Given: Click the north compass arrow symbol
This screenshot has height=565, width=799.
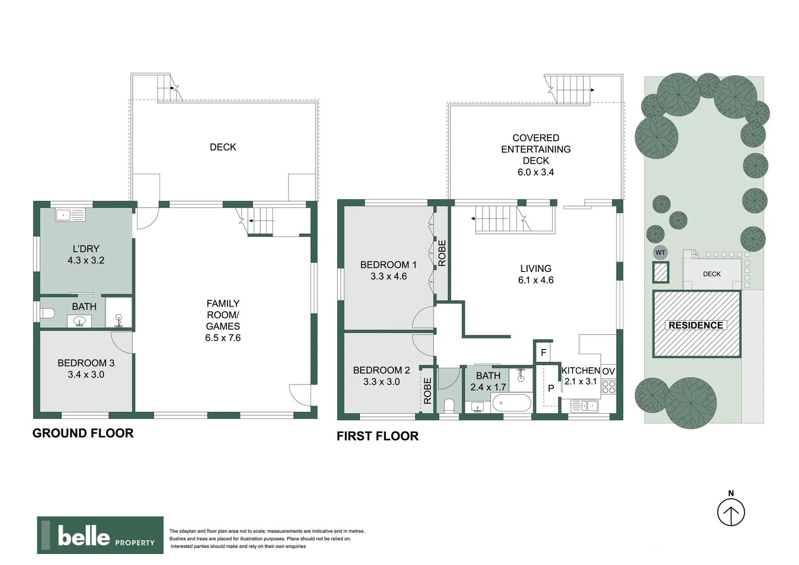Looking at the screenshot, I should tap(730, 512).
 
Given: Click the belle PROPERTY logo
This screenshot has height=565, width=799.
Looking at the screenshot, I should tap(100, 535).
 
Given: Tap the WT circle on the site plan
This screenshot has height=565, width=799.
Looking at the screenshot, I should tap(660, 253).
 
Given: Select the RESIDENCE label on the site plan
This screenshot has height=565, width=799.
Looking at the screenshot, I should tap(695, 325).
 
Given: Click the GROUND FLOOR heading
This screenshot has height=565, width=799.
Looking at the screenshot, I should tap(83, 433).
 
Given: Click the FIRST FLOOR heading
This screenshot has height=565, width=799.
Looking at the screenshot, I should tap(377, 436).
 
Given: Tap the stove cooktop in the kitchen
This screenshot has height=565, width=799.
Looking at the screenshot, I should tap(609, 387).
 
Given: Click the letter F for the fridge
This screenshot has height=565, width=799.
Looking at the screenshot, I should tap(543, 353).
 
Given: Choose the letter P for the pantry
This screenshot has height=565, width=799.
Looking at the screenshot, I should tap(551, 389).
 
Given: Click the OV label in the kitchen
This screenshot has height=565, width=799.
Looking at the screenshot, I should tap(608, 371).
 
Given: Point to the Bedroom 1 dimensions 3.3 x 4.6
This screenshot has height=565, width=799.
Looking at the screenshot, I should tap(389, 277).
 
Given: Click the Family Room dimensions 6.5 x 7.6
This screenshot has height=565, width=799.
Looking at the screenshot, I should tap(223, 338).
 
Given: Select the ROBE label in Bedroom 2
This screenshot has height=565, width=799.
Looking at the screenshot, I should tap(427, 391).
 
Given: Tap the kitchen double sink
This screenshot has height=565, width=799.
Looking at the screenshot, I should tap(585, 405).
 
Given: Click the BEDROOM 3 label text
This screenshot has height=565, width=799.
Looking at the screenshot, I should tap(86, 363).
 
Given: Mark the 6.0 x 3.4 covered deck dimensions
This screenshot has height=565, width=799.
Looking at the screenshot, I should tap(535, 172).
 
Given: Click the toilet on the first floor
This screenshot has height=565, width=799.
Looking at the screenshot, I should tap(448, 405).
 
